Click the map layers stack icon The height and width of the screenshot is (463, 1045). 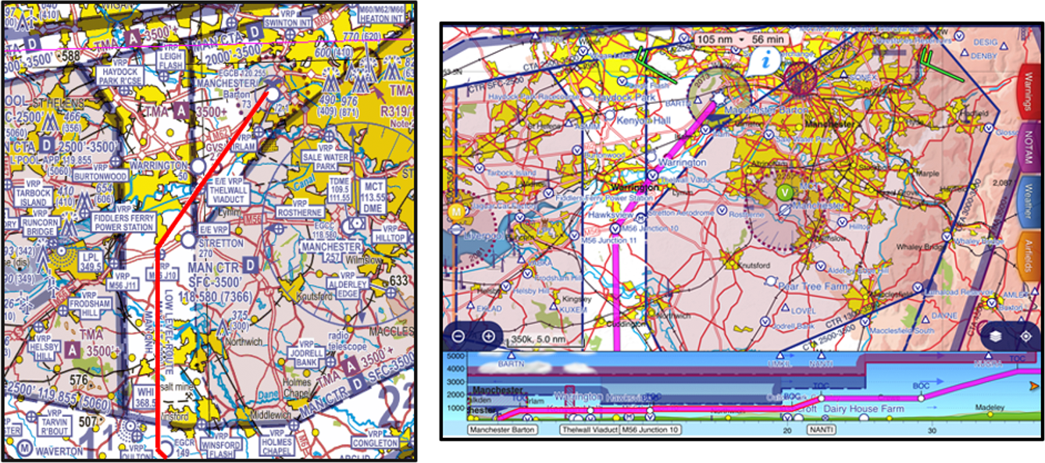[x=994, y=336]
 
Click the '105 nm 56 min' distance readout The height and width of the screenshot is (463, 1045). [x=741, y=39]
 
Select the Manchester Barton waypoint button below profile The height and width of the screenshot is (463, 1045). [x=509, y=429]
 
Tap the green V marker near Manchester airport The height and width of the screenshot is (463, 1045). [x=785, y=191]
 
